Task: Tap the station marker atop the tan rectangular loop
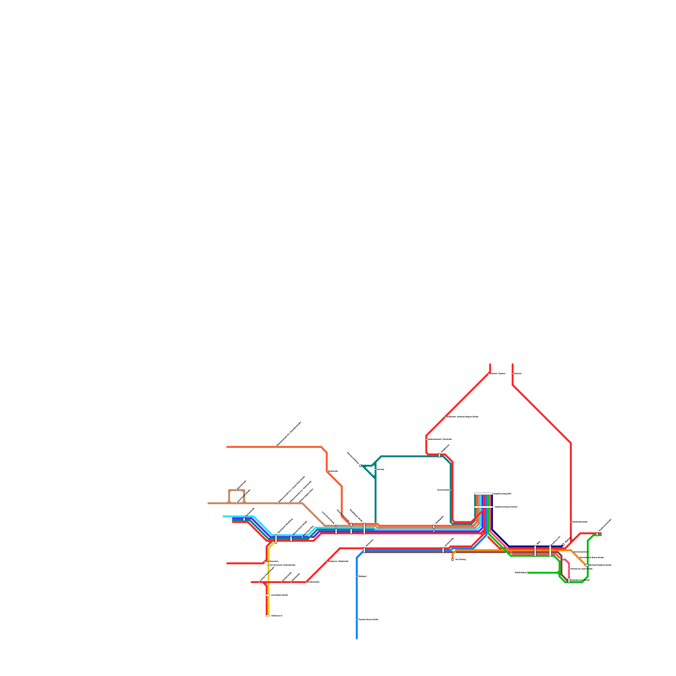pyautogui.click(x=237, y=490)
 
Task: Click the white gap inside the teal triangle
pyautogui.click(x=372, y=469)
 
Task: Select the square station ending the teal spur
pyautogui.click(x=360, y=466)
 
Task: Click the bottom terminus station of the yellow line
pyautogui.click(x=267, y=616)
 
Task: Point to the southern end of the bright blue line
pyautogui.click(x=357, y=638)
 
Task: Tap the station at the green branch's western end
pyautogui.click(x=528, y=572)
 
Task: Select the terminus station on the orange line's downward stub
pyautogui.click(x=452, y=559)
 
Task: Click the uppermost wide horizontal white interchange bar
pyautogui.click(x=483, y=493)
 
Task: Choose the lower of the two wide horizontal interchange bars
pyautogui.click(x=483, y=507)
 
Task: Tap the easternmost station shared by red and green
pyautogui.click(x=597, y=534)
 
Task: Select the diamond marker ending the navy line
pyautogui.click(x=563, y=545)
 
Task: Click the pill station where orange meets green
pyautogui.click(x=586, y=565)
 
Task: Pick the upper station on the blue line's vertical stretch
pyautogui.click(x=357, y=576)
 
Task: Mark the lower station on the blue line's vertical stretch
pyautogui.click(x=357, y=619)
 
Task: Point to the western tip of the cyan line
pyautogui.click(x=224, y=516)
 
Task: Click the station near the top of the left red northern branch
pyautogui.click(x=489, y=373)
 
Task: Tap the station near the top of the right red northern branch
pyautogui.click(x=512, y=373)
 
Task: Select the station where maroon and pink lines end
pyautogui.click(x=569, y=580)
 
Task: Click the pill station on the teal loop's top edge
pyautogui.click(x=439, y=455)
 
